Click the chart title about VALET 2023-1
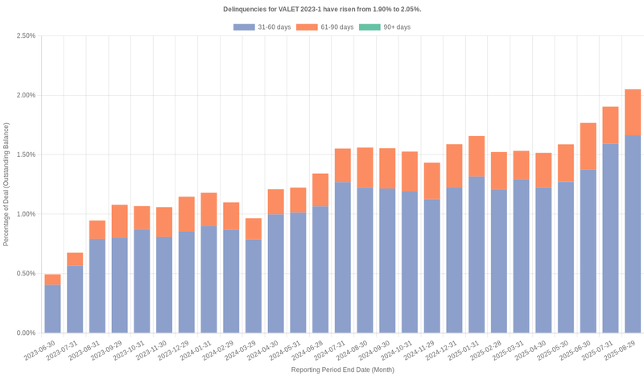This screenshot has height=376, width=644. (322, 9)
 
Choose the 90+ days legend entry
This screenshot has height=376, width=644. (385, 27)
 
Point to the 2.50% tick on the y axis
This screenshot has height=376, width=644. (25, 36)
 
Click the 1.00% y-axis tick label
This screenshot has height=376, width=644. (25, 214)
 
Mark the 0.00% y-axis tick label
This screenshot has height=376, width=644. (25, 333)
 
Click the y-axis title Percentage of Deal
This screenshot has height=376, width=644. (7, 184)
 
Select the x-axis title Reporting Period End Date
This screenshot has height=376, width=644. (342, 370)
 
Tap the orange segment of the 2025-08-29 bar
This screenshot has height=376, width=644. (633, 112)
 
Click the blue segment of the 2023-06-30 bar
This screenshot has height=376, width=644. (52, 308)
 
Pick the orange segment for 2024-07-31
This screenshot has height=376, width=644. (343, 165)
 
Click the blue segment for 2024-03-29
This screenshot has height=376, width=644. (254, 286)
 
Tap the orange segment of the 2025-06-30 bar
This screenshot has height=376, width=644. (588, 146)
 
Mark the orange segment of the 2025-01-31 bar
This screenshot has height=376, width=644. (477, 156)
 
